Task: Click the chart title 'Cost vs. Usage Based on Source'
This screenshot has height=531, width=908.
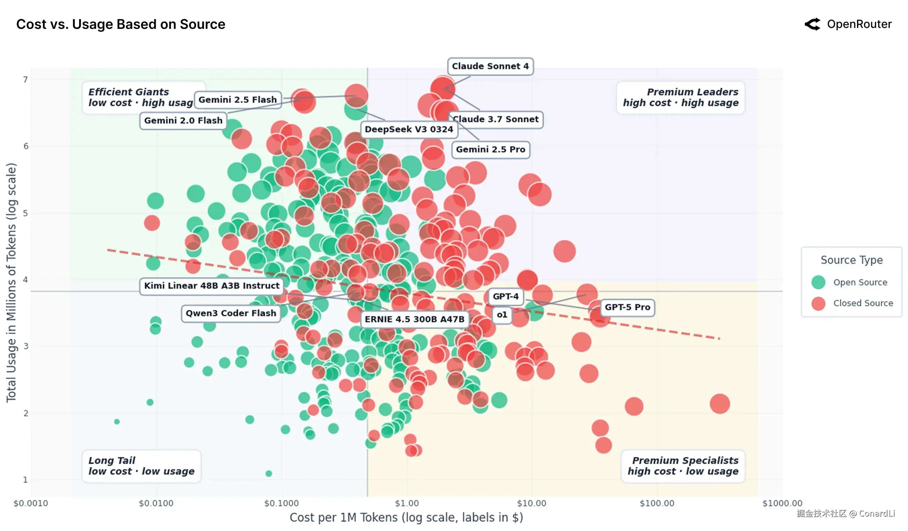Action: point(121,24)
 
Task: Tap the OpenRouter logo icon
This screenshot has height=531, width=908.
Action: point(812,24)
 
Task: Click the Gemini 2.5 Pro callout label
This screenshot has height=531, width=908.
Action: point(491,149)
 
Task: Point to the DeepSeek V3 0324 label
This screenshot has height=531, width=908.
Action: point(409,129)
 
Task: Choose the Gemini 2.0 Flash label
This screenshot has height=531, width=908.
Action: point(183,120)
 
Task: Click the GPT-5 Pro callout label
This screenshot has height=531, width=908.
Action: point(627,307)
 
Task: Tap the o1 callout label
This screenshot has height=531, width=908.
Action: point(502,315)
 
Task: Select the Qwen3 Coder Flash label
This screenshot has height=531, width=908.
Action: point(231,313)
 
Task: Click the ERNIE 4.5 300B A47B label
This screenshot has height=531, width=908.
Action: point(414,319)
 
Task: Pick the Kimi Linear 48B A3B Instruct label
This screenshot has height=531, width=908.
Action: point(212,286)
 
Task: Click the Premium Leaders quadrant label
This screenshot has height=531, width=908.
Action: point(681,97)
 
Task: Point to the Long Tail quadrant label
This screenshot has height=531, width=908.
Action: point(141,466)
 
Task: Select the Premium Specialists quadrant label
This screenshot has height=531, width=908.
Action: point(683,466)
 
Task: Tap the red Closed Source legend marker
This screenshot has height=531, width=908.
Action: point(818,303)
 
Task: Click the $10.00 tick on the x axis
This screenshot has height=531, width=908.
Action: point(531,503)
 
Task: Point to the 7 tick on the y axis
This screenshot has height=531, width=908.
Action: point(25,80)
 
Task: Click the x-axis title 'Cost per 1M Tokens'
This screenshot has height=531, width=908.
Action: point(406,518)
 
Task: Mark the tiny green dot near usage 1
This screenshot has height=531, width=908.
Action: point(269,474)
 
